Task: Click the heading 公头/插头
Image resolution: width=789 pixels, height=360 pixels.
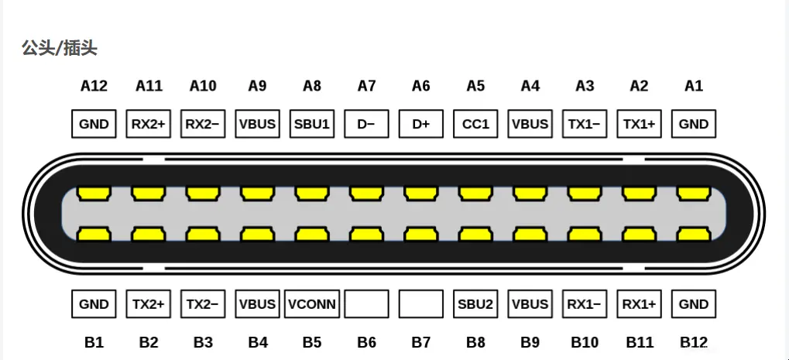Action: point(60,49)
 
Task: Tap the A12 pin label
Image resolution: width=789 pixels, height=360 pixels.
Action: point(94,86)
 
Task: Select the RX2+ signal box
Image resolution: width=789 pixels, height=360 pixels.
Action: point(149,124)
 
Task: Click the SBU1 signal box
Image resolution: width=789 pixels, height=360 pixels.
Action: point(312,124)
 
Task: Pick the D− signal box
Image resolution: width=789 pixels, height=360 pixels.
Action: point(366,124)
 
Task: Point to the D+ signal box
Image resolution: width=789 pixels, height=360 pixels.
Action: point(421,124)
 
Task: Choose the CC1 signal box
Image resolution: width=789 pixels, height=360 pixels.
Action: point(475,124)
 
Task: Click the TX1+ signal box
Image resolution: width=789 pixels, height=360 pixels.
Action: point(639,124)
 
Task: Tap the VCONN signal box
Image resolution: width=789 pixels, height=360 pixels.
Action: point(312,304)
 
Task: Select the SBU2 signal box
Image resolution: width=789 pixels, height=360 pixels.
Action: point(475,304)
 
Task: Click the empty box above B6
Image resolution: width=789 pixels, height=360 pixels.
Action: point(366,304)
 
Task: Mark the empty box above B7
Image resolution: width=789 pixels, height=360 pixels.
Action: point(421,304)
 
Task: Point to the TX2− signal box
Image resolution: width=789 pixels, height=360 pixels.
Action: point(203,304)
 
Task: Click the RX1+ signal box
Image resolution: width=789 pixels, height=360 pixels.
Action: point(639,304)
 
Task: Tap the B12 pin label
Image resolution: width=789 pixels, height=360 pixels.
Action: point(694,342)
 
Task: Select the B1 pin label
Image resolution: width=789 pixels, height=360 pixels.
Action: point(94,342)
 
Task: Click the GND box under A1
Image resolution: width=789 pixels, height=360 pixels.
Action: point(694,124)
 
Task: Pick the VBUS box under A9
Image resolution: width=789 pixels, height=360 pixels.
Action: point(258,124)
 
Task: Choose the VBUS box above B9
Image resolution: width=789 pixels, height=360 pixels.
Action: point(530,304)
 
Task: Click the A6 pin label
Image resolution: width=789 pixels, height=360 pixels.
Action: point(421,86)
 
